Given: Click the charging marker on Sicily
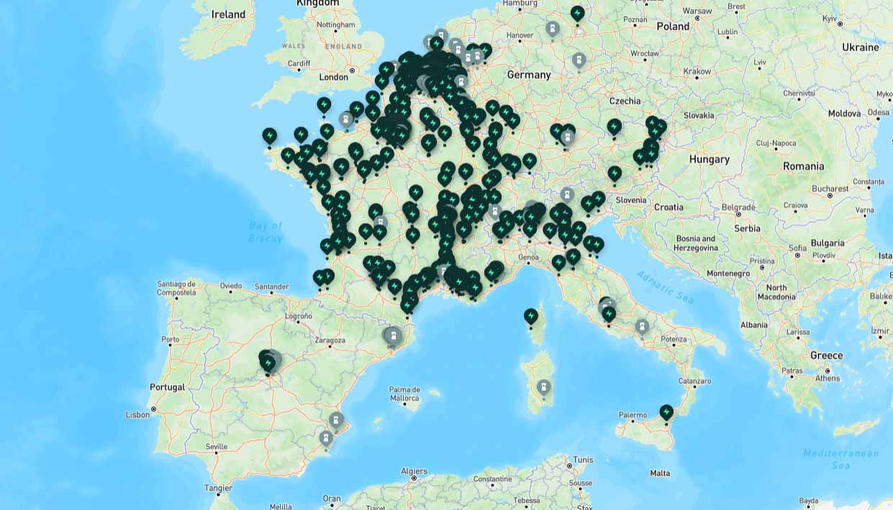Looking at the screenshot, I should click(x=666, y=412).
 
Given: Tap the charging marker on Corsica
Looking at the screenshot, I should click(x=531, y=316).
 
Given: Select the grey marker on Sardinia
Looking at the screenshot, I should click(x=544, y=388).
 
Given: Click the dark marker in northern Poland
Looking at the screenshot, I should click(x=577, y=13).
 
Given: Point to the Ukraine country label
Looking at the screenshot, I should click(x=861, y=47).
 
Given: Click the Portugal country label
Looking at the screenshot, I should click(x=167, y=387).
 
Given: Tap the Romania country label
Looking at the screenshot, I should click(x=803, y=166).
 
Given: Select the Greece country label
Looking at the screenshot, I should click(x=826, y=355).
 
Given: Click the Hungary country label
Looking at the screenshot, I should click(x=709, y=160).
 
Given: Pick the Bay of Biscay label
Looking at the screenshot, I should click(x=266, y=232).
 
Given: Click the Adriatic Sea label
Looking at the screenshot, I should click(x=666, y=286).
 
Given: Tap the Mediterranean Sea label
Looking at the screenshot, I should click(x=840, y=459).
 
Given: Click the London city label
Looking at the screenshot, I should click(x=333, y=77).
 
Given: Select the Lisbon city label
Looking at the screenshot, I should click(x=137, y=414).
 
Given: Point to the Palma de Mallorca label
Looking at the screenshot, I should click(x=404, y=393).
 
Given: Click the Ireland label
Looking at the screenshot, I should click(x=228, y=14).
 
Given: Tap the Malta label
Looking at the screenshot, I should click(x=660, y=473).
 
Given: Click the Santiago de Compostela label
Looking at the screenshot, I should click(x=176, y=288).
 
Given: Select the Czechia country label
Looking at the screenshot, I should click(x=625, y=101).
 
